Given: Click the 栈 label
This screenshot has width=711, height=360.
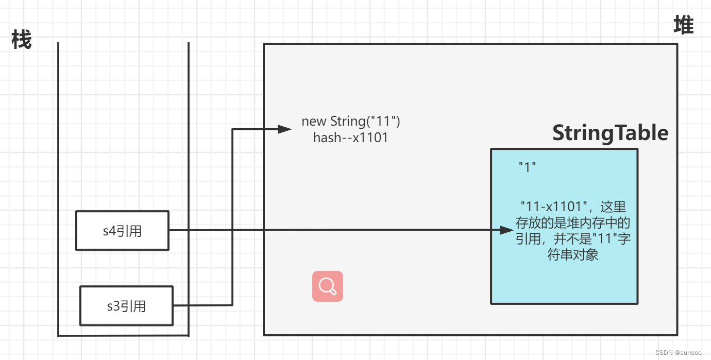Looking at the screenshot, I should [x=22, y=40].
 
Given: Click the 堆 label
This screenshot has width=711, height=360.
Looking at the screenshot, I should [x=684, y=25].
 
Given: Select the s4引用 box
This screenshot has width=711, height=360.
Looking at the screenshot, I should [x=122, y=231].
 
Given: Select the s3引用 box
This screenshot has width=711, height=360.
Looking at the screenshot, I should [x=126, y=306].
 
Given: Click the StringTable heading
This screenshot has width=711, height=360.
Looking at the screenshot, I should [x=610, y=133].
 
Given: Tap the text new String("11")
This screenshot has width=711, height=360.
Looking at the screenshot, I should [x=351, y=122].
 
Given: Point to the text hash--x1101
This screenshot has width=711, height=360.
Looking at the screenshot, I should [x=350, y=138].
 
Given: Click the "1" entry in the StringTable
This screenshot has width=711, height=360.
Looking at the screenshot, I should [x=528, y=167].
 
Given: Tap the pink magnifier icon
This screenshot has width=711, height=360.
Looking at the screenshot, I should [x=328, y=286].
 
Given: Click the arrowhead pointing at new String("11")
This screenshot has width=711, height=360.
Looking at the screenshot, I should [x=285, y=129].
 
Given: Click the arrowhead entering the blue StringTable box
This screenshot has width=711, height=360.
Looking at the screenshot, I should [x=507, y=230].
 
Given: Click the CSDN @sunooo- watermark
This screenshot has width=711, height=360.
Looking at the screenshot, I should [x=679, y=352].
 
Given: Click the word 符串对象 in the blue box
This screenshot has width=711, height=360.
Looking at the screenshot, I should [x=573, y=255].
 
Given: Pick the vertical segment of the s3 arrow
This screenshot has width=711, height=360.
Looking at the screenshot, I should [x=232, y=216].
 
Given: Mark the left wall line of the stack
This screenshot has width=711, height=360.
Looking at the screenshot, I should [x=58, y=191].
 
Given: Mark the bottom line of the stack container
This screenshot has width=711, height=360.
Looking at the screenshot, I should [x=124, y=336].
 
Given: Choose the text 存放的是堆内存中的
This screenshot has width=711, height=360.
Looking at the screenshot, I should [x=573, y=223].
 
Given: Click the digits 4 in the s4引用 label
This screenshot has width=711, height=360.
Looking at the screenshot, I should [x=113, y=231].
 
